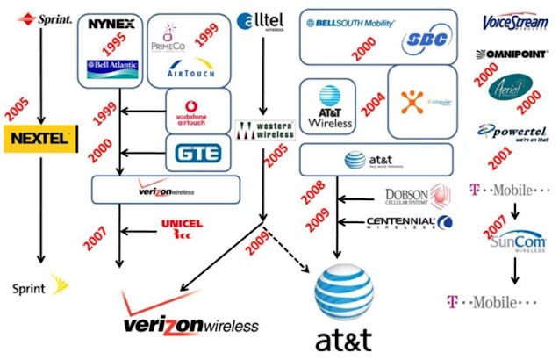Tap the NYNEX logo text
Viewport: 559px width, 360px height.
click(111, 24)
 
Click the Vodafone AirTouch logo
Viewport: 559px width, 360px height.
click(195, 111)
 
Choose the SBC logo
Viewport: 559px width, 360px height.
click(424, 43)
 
